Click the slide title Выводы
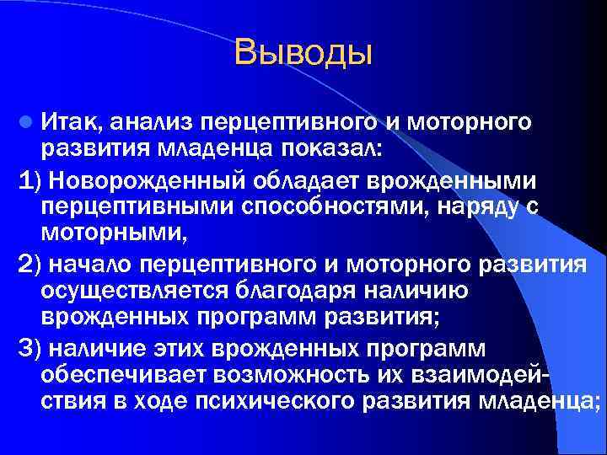tap(303, 52)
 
